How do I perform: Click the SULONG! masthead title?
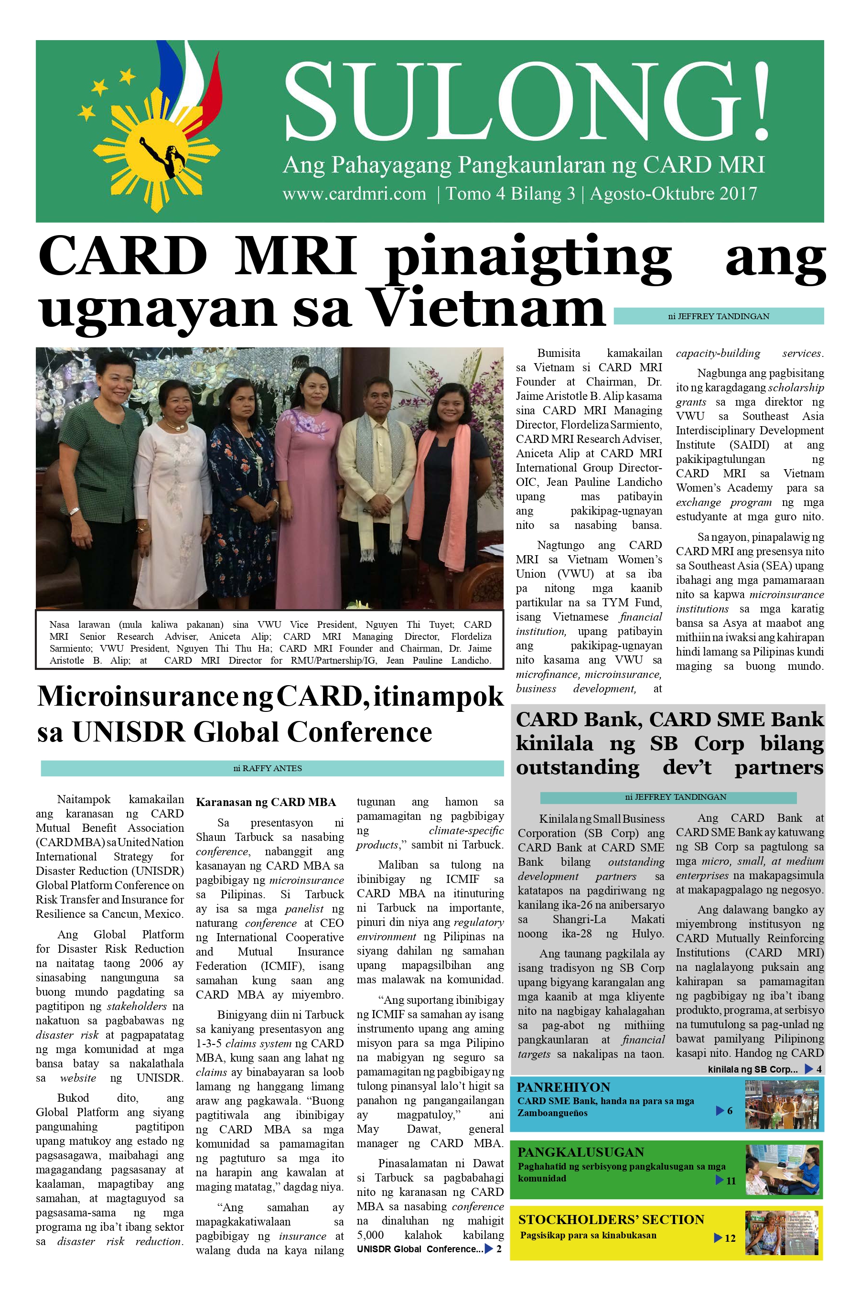click(526, 101)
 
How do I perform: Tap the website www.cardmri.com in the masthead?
click(355, 193)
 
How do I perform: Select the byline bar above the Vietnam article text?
click(718, 316)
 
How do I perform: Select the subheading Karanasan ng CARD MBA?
click(266, 802)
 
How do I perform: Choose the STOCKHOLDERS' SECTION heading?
click(611, 1219)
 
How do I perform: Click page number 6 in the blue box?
click(730, 1111)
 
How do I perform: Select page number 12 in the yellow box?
click(730, 1238)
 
